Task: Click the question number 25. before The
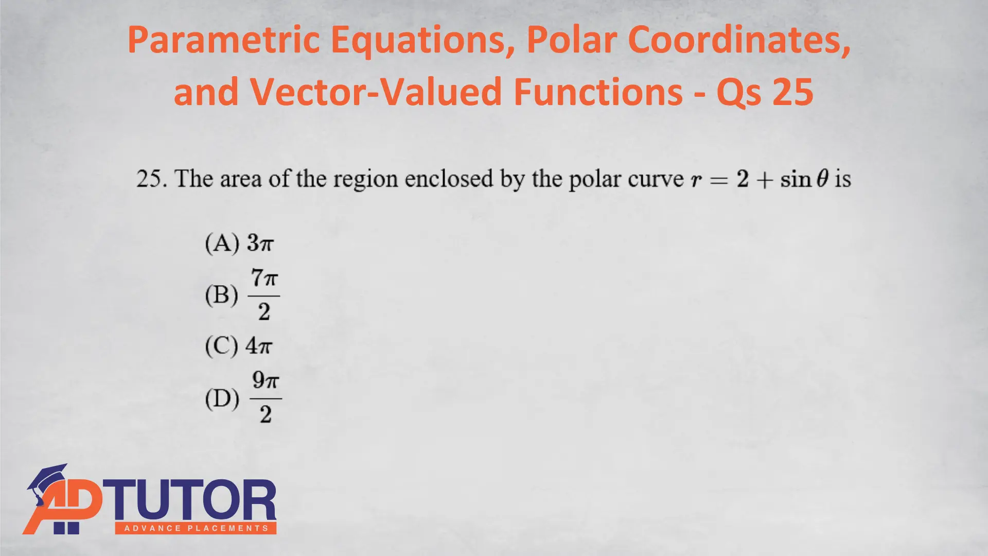[152, 179]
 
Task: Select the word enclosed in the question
[449, 179]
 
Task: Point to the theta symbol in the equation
[823, 179]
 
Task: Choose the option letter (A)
[222, 243]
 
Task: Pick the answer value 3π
[260, 242]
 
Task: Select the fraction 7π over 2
[264, 295]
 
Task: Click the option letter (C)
[222, 346]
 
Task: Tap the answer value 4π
[259, 345]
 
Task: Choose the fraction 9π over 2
[266, 398]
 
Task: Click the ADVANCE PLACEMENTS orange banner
[196, 528]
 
